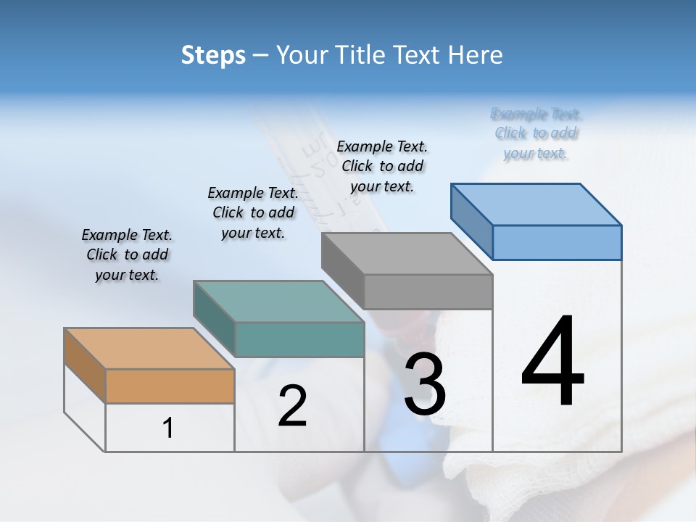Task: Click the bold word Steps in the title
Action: [x=212, y=56]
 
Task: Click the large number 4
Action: [x=552, y=362]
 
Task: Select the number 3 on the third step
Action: [x=425, y=384]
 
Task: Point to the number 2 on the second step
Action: [x=292, y=406]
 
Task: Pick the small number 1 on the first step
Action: [x=168, y=428]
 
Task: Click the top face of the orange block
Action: [x=149, y=349]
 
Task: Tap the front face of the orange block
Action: [x=170, y=386]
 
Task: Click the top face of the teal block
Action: [x=278, y=302]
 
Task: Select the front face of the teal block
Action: [x=299, y=339]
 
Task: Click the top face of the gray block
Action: [x=407, y=254]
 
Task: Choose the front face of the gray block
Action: [x=428, y=291]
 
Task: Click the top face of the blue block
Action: [x=536, y=204]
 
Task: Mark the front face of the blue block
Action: [x=557, y=242]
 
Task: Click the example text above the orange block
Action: [x=127, y=254]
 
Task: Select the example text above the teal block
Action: [x=253, y=212]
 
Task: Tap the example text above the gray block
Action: [x=382, y=166]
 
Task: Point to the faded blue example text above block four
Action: [x=536, y=133]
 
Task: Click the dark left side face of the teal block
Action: [x=215, y=318]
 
